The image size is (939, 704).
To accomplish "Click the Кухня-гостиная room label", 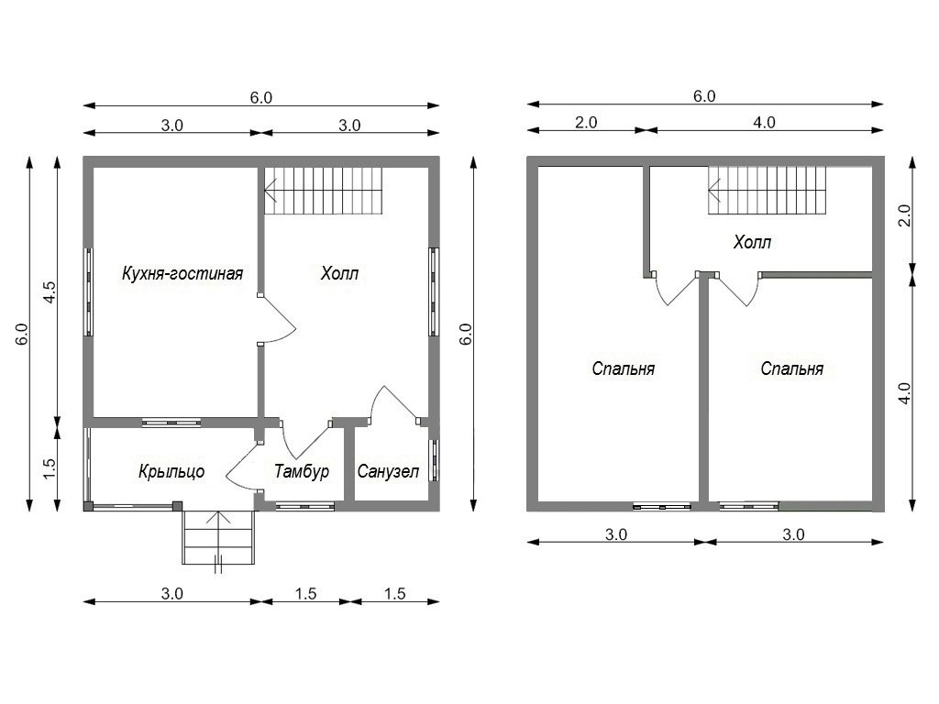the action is pyautogui.click(x=182, y=273).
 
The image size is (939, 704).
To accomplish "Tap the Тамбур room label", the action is pyautogui.click(x=302, y=471).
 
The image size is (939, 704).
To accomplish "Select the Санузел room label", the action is pyautogui.click(x=388, y=471).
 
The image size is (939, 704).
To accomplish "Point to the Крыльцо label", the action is pyautogui.click(x=171, y=472).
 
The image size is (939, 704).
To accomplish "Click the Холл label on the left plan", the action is pyautogui.click(x=339, y=273).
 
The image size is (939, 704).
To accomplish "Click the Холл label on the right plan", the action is pyautogui.click(x=752, y=242).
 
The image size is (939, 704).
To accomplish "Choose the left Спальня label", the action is pyautogui.click(x=623, y=368).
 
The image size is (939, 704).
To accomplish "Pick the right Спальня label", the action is pyautogui.click(x=791, y=368).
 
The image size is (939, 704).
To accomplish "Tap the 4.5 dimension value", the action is pyautogui.click(x=50, y=291).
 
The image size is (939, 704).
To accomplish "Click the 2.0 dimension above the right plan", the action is pyautogui.click(x=586, y=122).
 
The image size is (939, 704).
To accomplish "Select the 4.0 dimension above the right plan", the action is pyautogui.click(x=764, y=122).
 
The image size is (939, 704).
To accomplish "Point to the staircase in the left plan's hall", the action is pyautogui.click(x=324, y=192).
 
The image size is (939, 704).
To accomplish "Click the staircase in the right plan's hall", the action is pyautogui.click(x=767, y=190).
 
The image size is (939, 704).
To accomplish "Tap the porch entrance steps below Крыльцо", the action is pyautogui.click(x=219, y=537).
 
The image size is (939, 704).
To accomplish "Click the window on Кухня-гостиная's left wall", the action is pyautogui.click(x=88, y=291).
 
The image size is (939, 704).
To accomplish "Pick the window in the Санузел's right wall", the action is pyautogui.click(x=434, y=461).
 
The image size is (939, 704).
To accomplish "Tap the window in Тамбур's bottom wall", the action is pyautogui.click(x=304, y=506).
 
